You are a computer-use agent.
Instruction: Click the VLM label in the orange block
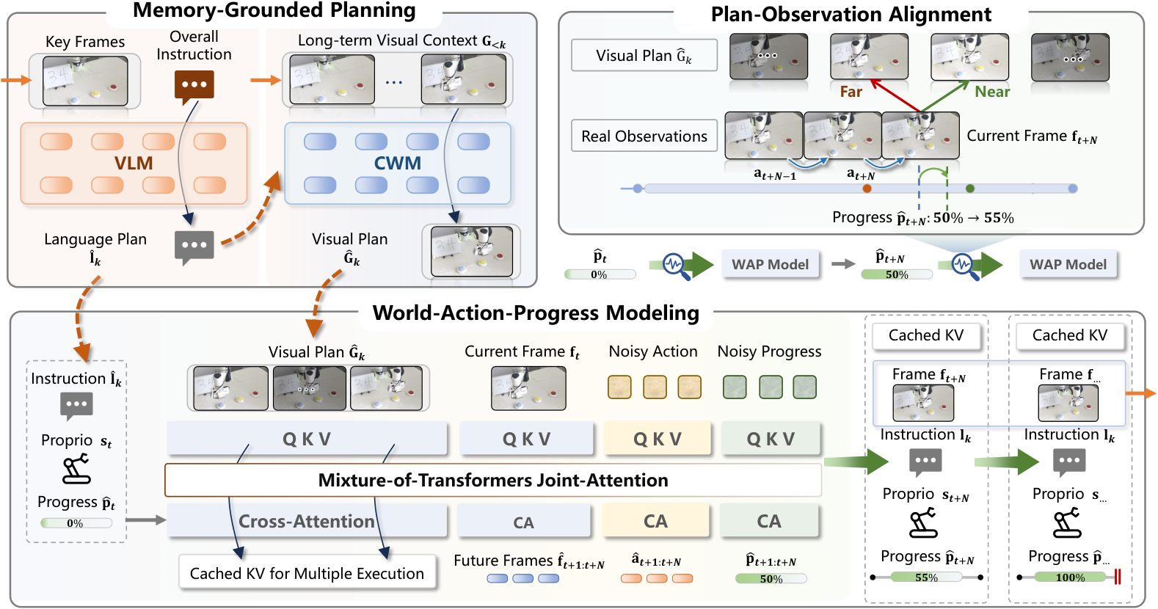(x=134, y=163)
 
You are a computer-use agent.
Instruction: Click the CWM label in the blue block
(x=397, y=163)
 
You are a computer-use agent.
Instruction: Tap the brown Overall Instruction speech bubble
(x=194, y=87)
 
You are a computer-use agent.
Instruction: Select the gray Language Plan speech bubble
(x=194, y=247)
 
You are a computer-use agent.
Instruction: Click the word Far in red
(x=851, y=92)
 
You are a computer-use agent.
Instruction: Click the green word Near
(x=992, y=92)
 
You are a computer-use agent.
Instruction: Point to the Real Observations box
(x=644, y=136)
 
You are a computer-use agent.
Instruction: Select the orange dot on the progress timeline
(x=867, y=189)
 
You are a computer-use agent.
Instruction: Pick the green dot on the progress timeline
(x=970, y=189)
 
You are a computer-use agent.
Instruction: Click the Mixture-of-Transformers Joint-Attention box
(x=493, y=481)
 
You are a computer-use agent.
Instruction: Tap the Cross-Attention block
(x=307, y=521)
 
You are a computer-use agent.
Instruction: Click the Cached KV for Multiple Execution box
(x=307, y=573)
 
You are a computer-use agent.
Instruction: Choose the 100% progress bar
(x=1070, y=577)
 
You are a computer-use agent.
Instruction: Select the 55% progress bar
(x=926, y=577)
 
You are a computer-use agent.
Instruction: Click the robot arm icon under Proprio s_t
(x=76, y=468)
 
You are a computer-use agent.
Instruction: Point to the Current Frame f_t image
(x=528, y=388)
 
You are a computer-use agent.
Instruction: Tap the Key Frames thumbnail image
(x=85, y=81)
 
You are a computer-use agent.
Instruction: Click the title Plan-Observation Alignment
(x=851, y=15)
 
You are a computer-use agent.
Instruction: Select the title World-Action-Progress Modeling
(x=536, y=313)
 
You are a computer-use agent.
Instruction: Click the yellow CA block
(x=655, y=521)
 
